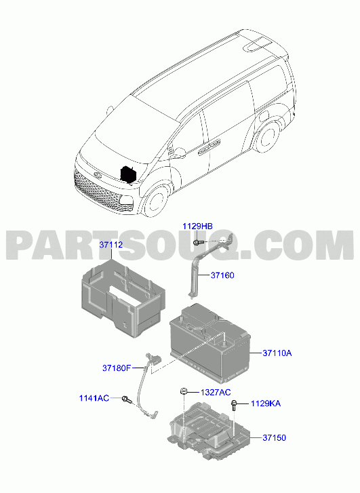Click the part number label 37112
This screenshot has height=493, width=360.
pyautogui.click(x=111, y=245)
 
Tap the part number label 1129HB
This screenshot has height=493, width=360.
pyautogui.click(x=198, y=226)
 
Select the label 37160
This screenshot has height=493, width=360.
pyautogui.click(x=222, y=275)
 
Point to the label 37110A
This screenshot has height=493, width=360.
pyautogui.click(x=277, y=353)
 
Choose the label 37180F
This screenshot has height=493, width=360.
pyautogui.click(x=117, y=368)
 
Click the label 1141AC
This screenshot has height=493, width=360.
pyautogui.click(x=94, y=398)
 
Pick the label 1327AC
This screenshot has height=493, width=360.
pyautogui.click(x=216, y=392)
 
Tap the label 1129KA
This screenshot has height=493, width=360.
pyautogui.click(x=266, y=403)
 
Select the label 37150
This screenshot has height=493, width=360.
pyautogui.click(x=274, y=437)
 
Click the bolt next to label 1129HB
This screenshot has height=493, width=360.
pyautogui.click(x=197, y=242)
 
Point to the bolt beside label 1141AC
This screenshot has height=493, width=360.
pyautogui.click(x=127, y=399)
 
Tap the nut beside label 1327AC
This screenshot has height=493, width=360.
pyautogui.click(x=183, y=391)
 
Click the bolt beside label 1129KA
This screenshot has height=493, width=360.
pyautogui.click(x=234, y=406)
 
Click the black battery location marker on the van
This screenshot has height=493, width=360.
pyautogui.click(x=129, y=174)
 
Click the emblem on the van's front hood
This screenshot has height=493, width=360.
pyautogui.click(x=96, y=175)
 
